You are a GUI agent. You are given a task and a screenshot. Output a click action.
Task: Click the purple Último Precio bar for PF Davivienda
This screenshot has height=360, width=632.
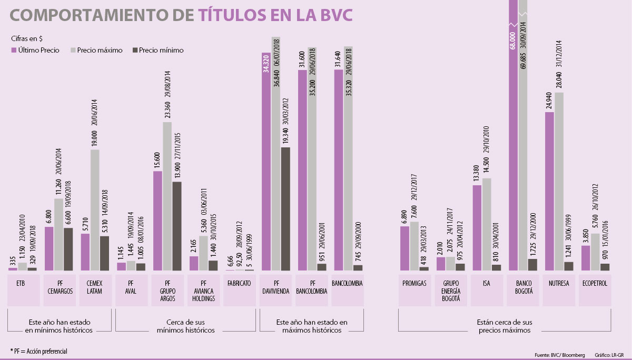coord(266,168)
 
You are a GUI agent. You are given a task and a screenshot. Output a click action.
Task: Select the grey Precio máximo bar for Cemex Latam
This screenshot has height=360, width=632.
coord(95,211)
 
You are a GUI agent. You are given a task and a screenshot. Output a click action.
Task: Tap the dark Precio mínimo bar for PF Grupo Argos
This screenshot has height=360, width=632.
coord(177,226)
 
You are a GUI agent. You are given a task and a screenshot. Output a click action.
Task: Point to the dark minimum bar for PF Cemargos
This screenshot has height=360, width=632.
coord(68,249)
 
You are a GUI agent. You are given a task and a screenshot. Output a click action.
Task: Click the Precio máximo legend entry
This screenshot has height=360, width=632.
coord(100,51)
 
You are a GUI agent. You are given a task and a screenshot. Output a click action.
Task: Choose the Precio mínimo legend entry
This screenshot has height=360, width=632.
coord(161,51)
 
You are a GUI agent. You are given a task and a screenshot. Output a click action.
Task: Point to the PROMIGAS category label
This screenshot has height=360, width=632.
coord(414,283)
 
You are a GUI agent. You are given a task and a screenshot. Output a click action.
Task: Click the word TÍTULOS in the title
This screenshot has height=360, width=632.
coord(239,16)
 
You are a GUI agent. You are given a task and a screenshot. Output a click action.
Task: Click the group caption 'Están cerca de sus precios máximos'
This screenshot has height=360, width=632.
coord(505,326)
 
